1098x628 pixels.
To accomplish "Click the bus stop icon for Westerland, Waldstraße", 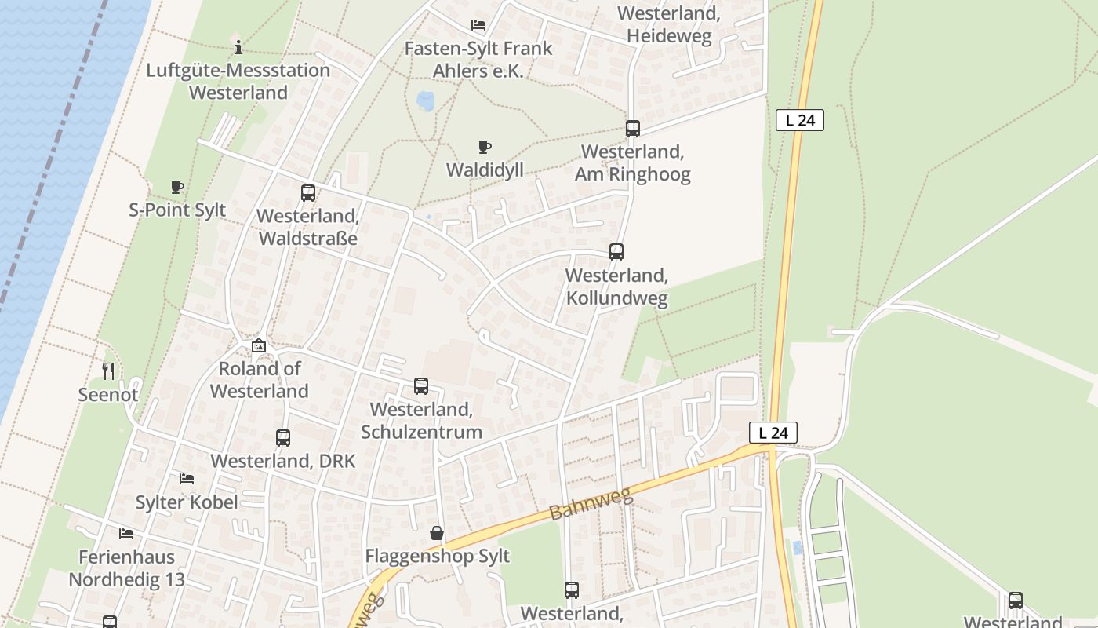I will [308, 193].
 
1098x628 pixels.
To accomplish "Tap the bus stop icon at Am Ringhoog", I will [633, 129].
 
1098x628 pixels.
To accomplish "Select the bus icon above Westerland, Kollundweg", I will [616, 252].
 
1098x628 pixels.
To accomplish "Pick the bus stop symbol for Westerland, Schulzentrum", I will [421, 386].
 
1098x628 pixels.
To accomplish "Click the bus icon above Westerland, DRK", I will [283, 438].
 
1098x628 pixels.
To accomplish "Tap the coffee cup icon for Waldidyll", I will [485, 147].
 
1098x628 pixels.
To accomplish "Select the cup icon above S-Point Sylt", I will [177, 187].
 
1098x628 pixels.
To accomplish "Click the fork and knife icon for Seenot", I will [108, 371].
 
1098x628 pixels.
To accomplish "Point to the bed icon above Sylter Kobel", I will [187, 478].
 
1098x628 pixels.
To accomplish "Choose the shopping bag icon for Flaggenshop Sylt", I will [437, 534].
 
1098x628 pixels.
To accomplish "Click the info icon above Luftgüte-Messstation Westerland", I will [238, 47].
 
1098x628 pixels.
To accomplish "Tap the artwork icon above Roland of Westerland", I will [259, 345].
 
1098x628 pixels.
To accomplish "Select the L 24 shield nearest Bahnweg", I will [773, 433].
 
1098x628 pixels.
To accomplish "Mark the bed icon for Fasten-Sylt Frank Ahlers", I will [478, 25].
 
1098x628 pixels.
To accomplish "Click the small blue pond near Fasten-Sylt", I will [425, 101].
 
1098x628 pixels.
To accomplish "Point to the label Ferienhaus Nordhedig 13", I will [126, 568].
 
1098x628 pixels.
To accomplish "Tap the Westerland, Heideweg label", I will [669, 24].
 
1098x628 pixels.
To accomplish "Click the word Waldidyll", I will [485, 170].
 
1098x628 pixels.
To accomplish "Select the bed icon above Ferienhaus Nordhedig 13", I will [126, 534].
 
